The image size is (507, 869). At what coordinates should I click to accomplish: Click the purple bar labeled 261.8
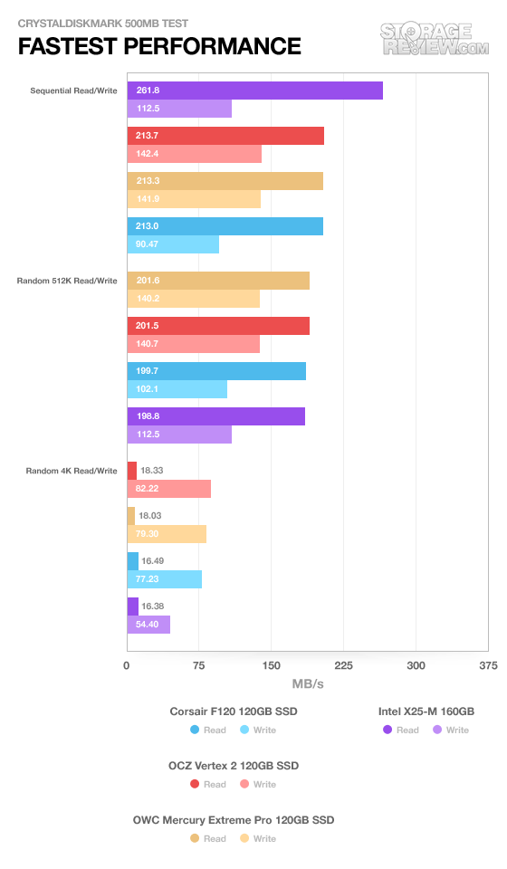pyautogui.click(x=255, y=91)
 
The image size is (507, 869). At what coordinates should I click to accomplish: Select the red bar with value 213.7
pyautogui.click(x=225, y=136)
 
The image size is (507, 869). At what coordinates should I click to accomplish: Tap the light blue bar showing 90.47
pyautogui.click(x=173, y=244)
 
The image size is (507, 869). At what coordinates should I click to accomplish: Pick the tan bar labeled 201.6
pyautogui.click(x=218, y=281)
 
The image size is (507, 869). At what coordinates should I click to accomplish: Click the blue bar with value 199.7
pyautogui.click(x=216, y=371)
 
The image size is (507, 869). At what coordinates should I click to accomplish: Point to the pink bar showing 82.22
pyautogui.click(x=169, y=489)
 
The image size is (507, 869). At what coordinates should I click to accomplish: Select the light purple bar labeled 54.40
pyautogui.click(x=148, y=625)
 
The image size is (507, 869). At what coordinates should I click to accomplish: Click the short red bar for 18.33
pyautogui.click(x=132, y=471)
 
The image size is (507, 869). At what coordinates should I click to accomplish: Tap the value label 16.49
pyautogui.click(x=152, y=561)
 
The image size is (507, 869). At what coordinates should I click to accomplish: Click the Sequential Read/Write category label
pyautogui.click(x=73, y=91)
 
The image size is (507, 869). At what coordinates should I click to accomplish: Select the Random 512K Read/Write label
pyautogui.click(x=67, y=281)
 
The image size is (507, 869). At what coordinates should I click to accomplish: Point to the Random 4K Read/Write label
pyautogui.click(x=72, y=471)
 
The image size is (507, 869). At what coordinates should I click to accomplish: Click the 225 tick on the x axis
pyautogui.click(x=343, y=665)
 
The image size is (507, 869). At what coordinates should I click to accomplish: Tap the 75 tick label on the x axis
pyautogui.click(x=199, y=665)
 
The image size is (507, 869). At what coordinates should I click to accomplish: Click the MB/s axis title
pyautogui.click(x=308, y=684)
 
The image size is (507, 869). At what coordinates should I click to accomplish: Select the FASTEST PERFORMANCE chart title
pyautogui.click(x=159, y=46)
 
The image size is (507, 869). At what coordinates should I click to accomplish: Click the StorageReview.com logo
pyautogui.click(x=435, y=39)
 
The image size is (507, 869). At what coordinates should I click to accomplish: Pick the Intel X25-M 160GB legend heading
pyautogui.click(x=426, y=711)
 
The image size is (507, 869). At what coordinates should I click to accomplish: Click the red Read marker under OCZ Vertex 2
pyautogui.click(x=195, y=784)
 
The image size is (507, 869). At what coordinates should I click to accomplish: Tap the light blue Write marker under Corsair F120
pyautogui.click(x=244, y=730)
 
